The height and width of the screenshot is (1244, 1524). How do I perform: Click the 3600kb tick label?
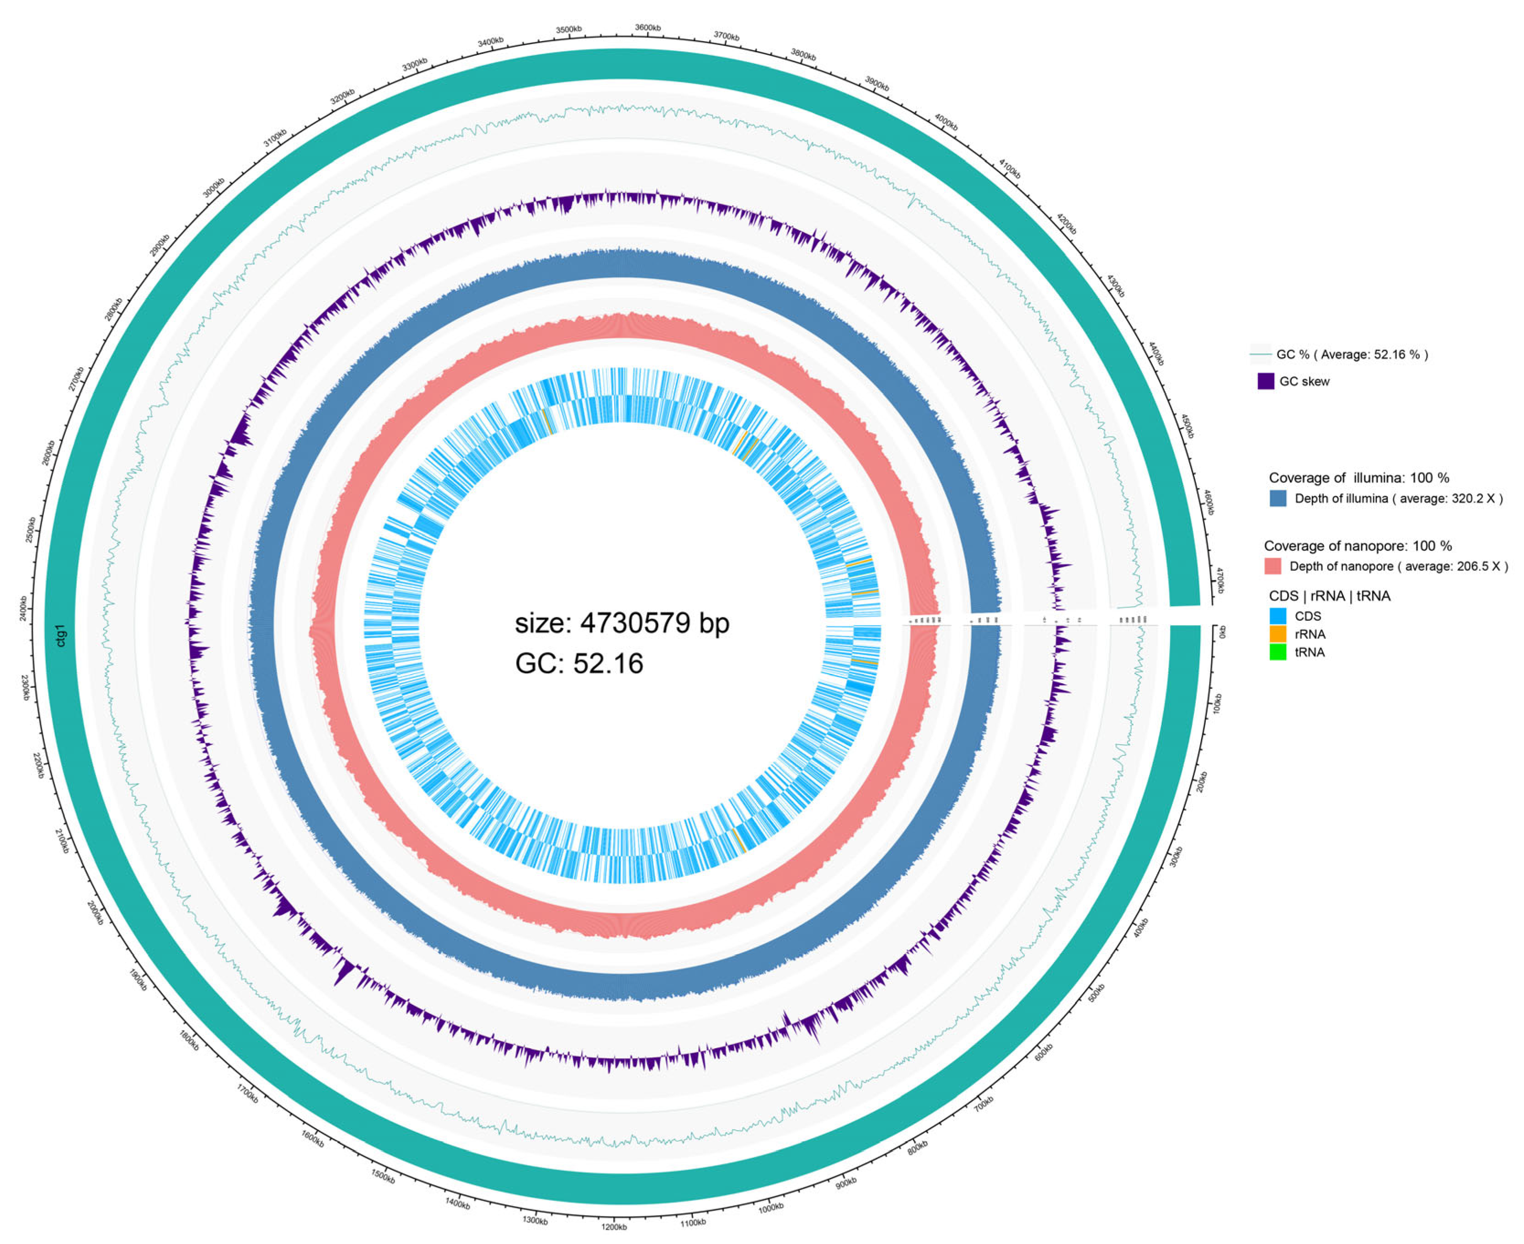(x=648, y=27)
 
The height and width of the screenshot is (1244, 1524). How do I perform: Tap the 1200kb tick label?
(x=614, y=1227)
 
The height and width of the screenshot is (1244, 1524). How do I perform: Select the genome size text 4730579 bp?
(x=621, y=623)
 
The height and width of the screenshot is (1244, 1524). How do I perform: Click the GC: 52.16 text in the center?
(x=579, y=664)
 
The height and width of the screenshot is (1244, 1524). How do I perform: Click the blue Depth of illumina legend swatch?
(x=1278, y=498)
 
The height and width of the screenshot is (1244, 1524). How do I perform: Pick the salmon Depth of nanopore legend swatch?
(x=1273, y=566)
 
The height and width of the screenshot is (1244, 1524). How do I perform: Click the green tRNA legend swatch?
(x=1278, y=652)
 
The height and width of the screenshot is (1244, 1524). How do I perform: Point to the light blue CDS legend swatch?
(x=1278, y=616)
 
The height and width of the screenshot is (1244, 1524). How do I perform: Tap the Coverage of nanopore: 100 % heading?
(x=1357, y=546)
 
